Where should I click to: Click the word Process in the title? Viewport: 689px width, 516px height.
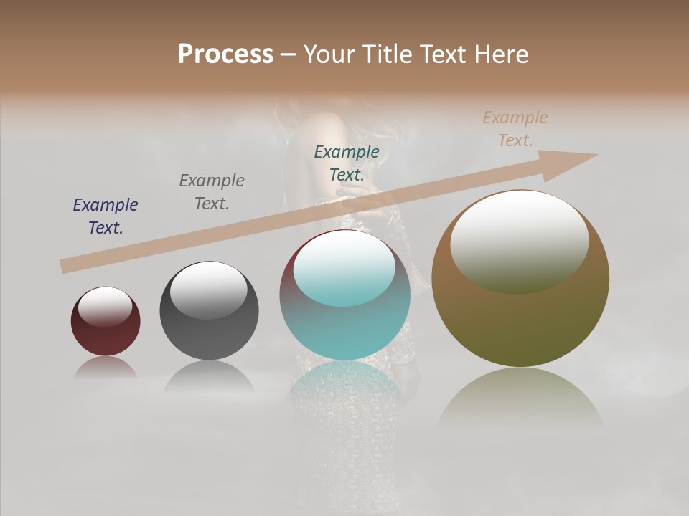pos(225,54)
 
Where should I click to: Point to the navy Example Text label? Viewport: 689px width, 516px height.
pos(106,216)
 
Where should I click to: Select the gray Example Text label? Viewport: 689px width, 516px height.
pos(212,192)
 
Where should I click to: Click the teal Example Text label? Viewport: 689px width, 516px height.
pos(347,163)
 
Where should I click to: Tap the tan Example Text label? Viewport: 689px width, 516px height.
pos(515,129)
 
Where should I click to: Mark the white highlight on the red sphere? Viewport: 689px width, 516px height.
pos(106,305)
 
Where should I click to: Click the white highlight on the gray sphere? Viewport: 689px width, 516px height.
pos(209,290)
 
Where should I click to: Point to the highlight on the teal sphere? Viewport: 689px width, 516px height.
pos(344,268)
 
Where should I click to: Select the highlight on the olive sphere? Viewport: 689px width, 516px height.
pos(520,241)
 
